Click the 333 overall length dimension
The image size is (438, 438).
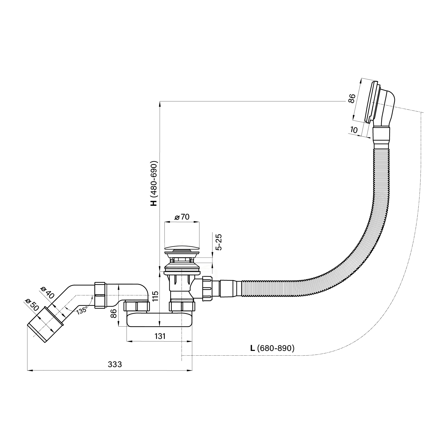pos(115,364)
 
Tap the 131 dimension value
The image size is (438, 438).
pos(160,336)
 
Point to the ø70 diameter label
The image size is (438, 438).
pos(182,217)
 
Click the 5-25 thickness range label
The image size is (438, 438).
pos(219,242)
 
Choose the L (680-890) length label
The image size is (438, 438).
pos(272,348)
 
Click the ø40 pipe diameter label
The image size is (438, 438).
pos(47,292)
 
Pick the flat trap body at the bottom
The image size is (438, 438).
pos(160,320)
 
